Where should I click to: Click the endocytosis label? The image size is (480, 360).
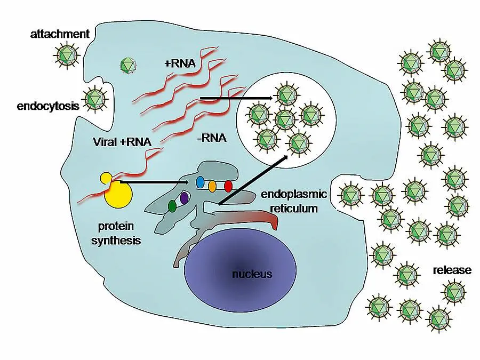click(x=48, y=106)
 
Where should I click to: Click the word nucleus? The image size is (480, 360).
click(x=252, y=275)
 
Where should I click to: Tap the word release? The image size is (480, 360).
click(x=452, y=270)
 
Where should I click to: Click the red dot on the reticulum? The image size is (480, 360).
click(x=228, y=187)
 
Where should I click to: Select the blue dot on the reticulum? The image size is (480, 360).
click(x=201, y=182)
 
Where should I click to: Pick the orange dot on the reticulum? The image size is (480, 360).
click(x=212, y=187)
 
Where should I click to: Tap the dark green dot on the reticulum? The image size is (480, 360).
click(x=172, y=205)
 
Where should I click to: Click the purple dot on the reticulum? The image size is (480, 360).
click(x=185, y=198)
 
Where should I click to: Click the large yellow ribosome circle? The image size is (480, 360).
click(x=118, y=195)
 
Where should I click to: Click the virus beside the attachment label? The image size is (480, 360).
click(x=67, y=53)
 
